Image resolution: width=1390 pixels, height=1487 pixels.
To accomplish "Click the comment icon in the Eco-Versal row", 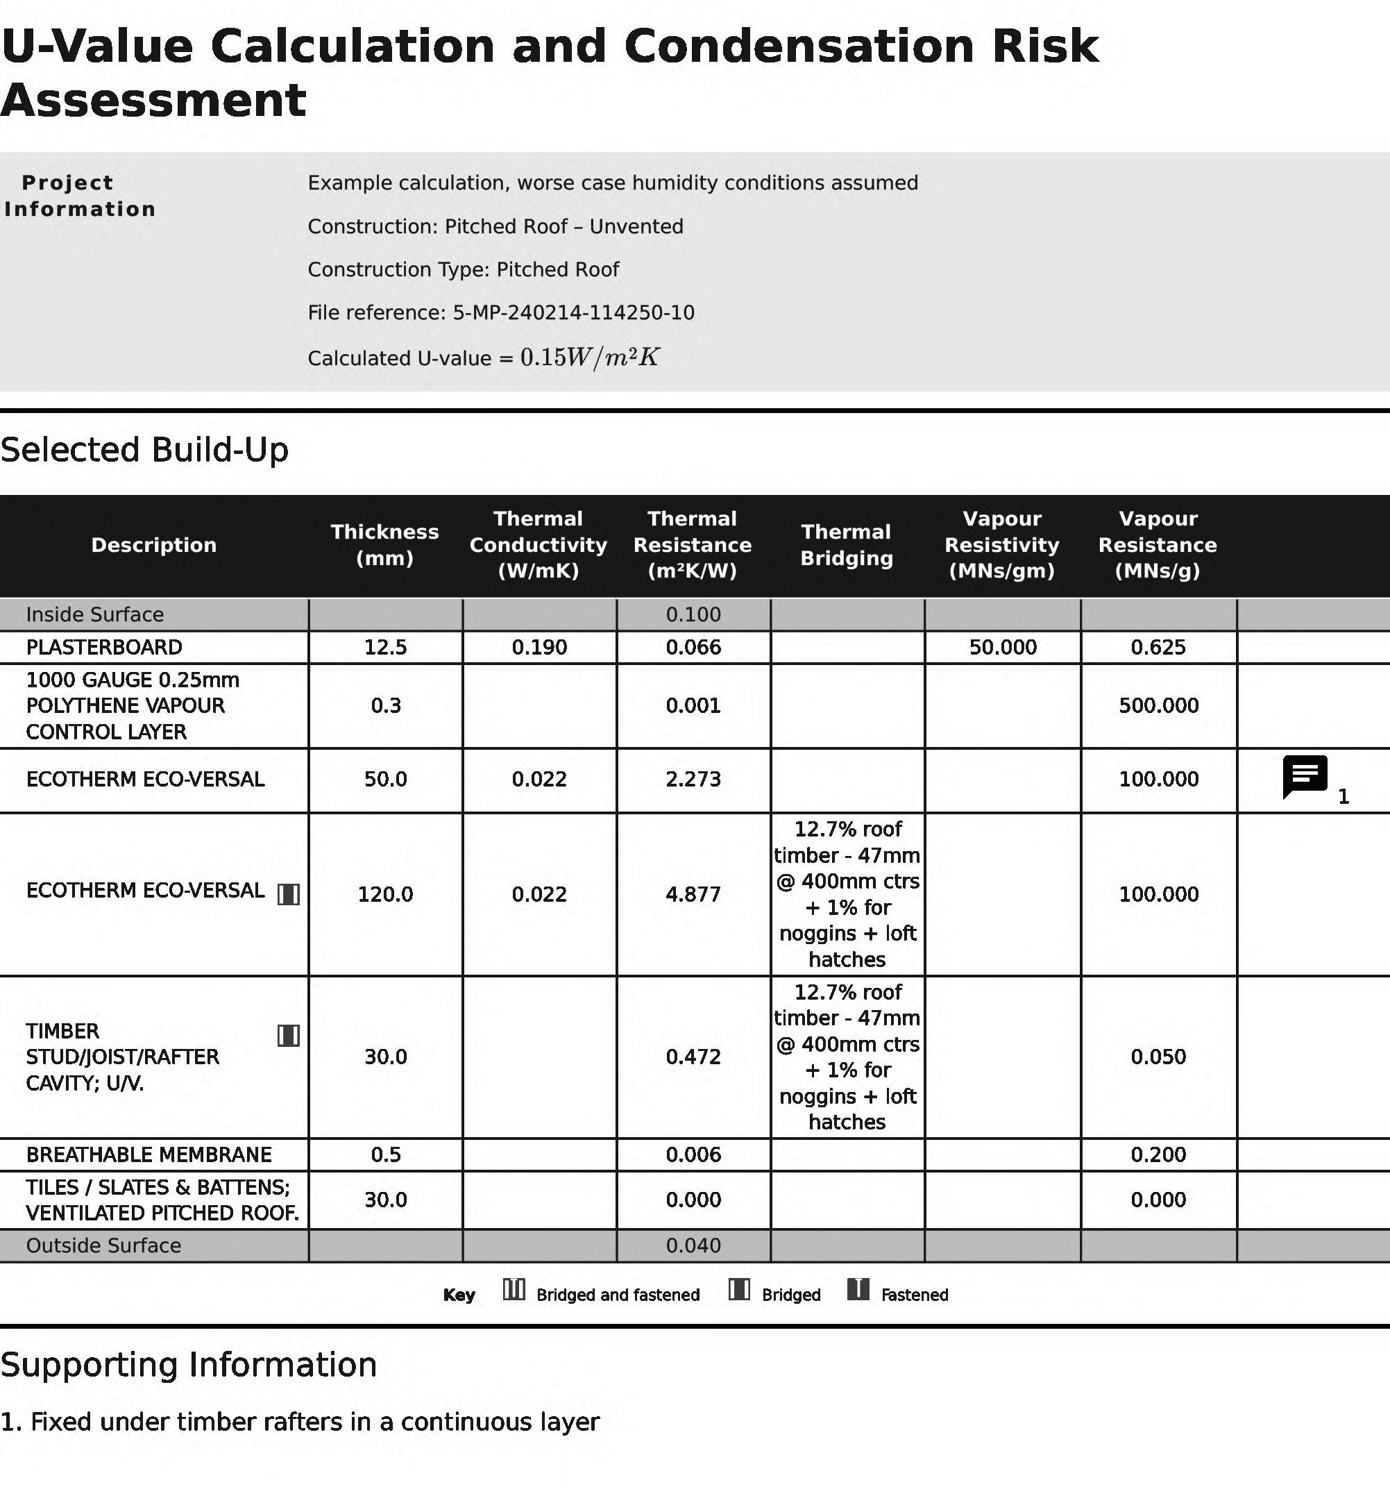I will click(x=1305, y=776).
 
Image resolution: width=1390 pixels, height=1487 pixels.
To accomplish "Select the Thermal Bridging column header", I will click(x=847, y=544).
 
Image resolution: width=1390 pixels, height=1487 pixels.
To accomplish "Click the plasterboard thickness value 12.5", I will click(x=385, y=647).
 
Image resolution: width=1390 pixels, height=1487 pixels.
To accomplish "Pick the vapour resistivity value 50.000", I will click(x=1003, y=647).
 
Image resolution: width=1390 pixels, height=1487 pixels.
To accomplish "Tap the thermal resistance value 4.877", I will click(x=693, y=894).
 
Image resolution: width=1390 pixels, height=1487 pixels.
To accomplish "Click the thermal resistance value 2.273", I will click(x=693, y=780).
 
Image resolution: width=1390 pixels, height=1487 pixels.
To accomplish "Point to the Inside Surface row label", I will click(x=95, y=614).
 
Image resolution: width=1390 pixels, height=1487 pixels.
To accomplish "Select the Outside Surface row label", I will click(x=103, y=1245).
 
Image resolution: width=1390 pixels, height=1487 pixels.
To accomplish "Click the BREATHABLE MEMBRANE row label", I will click(x=149, y=1154).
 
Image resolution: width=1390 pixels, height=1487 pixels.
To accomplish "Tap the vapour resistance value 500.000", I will click(x=1158, y=705).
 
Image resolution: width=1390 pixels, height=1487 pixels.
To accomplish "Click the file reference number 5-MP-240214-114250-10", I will click(x=573, y=312).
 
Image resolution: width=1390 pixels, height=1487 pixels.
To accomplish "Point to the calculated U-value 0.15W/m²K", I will click(x=590, y=358).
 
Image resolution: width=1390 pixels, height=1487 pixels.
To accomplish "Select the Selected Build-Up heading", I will click(x=144, y=450).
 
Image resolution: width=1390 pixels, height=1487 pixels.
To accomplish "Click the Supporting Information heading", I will click(x=189, y=1365).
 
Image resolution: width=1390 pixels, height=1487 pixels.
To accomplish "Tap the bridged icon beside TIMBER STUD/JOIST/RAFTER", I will click(x=289, y=1035).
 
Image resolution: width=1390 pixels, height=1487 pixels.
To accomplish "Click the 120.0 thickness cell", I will click(x=385, y=894).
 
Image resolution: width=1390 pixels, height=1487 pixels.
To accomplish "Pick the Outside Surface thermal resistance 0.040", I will click(x=693, y=1245).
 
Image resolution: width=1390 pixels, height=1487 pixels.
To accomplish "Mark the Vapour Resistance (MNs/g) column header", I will click(x=1158, y=544).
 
